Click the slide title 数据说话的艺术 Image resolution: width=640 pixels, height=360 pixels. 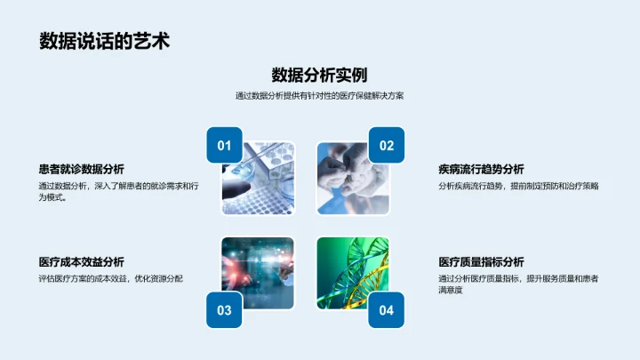point(105,41)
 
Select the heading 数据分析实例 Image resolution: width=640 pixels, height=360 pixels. point(320,75)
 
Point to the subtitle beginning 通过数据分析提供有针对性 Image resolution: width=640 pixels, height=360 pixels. point(320,96)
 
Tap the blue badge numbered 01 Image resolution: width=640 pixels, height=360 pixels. point(224,146)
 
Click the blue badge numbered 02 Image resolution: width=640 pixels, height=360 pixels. point(386,146)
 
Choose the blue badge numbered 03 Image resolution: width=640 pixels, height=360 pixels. point(224,310)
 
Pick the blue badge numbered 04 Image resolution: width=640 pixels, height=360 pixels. point(386,310)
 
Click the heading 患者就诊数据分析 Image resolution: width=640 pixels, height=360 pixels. point(82,169)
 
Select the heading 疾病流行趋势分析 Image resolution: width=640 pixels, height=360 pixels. point(481,169)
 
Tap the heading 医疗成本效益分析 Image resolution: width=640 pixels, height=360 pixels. point(82,262)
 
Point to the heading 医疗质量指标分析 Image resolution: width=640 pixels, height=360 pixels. point(481,262)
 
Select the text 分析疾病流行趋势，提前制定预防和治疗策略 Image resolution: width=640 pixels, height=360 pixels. point(518,187)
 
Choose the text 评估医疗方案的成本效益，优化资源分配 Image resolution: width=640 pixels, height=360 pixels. point(111,279)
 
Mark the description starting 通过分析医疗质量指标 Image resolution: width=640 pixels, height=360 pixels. point(518,284)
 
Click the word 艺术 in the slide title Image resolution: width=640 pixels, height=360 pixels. point(153,41)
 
